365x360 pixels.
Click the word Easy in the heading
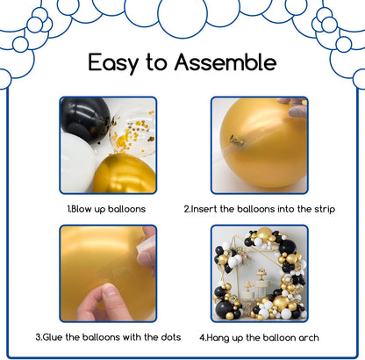[113, 63]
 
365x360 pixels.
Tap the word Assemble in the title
[225, 61]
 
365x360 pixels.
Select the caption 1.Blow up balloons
[106, 209]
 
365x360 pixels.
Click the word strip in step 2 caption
[325, 209]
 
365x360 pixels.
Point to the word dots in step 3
[171, 337]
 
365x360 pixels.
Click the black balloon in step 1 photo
[85, 119]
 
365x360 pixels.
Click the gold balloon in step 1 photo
[125, 174]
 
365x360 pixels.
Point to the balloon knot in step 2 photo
[236, 140]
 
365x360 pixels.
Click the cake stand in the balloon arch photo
[261, 276]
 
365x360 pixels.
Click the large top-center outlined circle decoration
[182, 13]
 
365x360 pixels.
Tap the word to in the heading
[156, 62]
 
